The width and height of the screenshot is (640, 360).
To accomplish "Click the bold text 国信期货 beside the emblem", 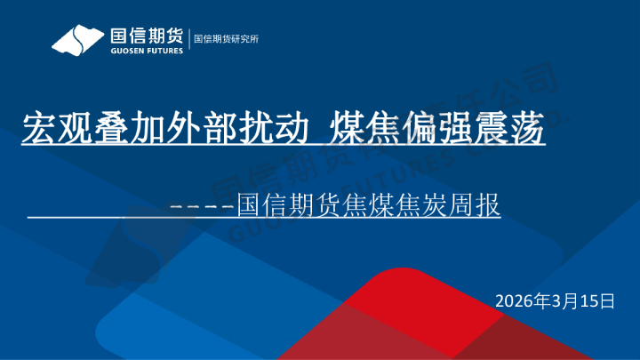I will [x=146, y=36].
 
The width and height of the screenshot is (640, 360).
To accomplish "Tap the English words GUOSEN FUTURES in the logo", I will [x=146, y=51].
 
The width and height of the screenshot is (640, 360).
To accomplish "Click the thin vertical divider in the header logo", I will [x=188, y=40].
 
